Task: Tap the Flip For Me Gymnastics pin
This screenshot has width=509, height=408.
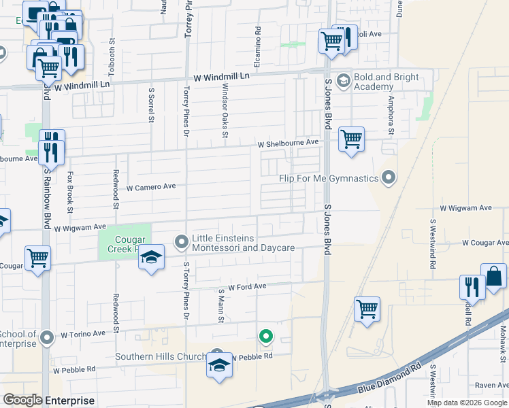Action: [389, 178]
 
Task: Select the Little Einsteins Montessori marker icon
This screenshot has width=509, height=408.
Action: [182, 241]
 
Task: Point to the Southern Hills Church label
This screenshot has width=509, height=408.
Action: [160, 356]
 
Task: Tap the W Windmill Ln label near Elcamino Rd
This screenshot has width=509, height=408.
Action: [221, 77]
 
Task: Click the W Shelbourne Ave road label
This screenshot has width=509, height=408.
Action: [288, 143]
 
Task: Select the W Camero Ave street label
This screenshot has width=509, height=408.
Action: [151, 186]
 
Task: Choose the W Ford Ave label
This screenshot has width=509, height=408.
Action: [247, 288]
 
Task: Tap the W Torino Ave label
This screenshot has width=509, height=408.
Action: [83, 334]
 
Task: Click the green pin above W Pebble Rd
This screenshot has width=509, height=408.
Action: [266, 335]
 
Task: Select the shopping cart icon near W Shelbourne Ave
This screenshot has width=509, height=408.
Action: [351, 139]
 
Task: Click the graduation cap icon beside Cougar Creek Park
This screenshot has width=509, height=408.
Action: [152, 257]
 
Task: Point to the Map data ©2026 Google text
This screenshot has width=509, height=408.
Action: [467, 403]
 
